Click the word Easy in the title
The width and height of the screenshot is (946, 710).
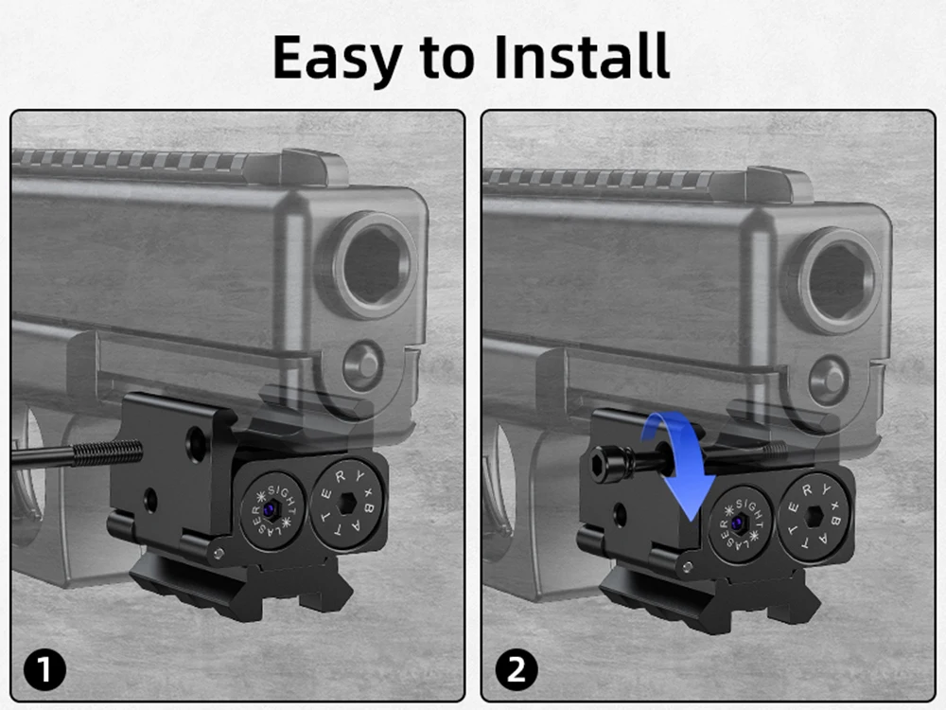click(337, 58)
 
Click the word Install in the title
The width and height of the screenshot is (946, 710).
click(582, 56)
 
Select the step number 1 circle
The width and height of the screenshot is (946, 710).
click(44, 669)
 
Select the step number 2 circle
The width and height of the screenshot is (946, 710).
click(517, 669)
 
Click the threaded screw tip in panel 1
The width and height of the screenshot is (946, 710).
click(108, 453)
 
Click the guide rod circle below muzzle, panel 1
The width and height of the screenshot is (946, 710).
click(362, 364)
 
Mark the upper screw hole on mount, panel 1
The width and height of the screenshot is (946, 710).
click(196, 442)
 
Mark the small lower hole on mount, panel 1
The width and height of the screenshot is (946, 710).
click(149, 500)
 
